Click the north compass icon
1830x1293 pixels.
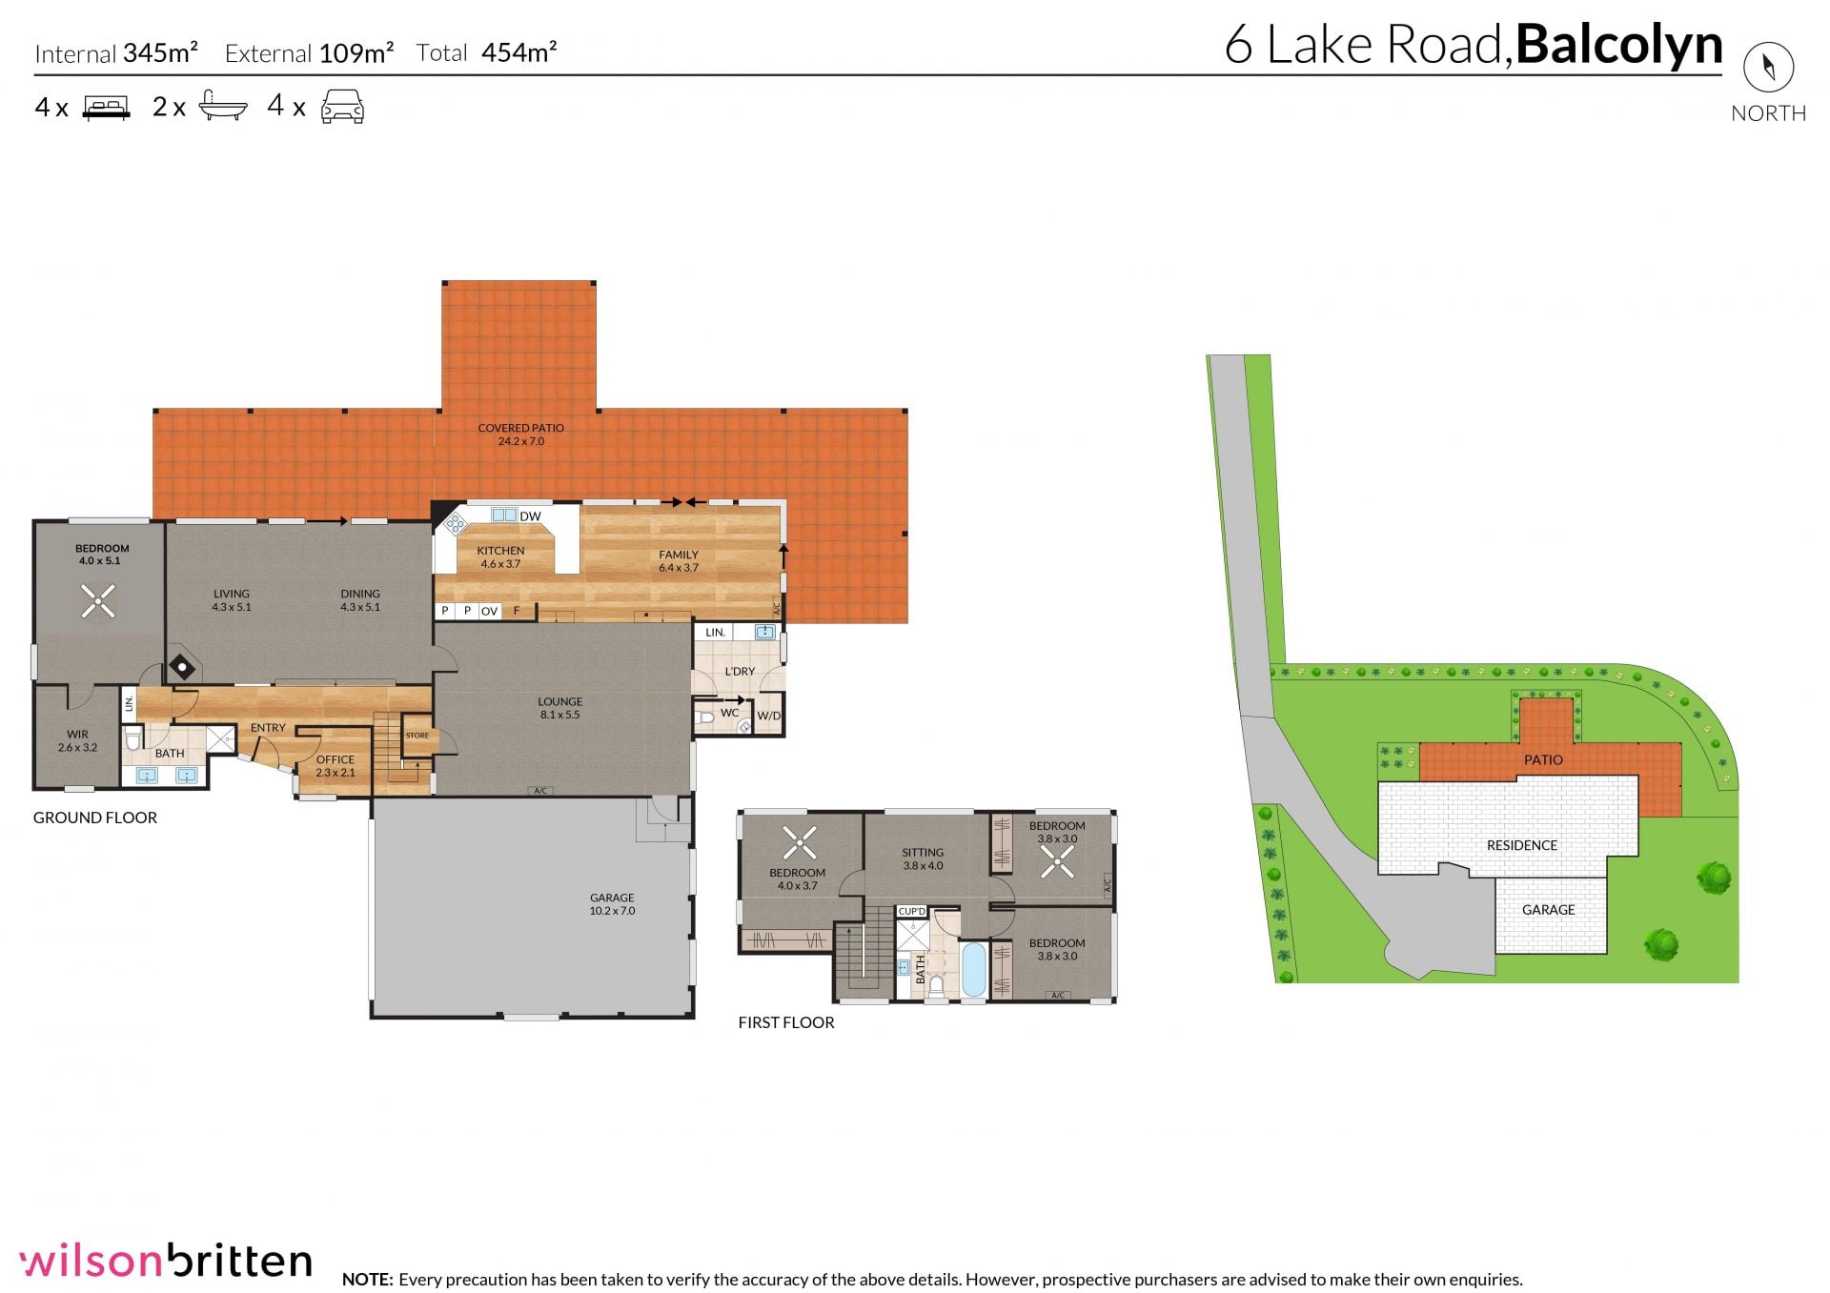1768,67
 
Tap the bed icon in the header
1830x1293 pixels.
106,107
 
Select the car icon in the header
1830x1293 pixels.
342,107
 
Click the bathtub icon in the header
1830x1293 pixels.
223,106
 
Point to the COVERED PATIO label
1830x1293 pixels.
521,429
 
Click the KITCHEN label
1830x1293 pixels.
500,551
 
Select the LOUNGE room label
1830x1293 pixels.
559,702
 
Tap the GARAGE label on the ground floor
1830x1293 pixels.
612,898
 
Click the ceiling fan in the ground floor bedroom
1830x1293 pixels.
97,600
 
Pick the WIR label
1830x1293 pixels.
77,735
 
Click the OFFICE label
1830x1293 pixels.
335,759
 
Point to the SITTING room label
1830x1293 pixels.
923,853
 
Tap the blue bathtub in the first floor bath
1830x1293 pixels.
973,969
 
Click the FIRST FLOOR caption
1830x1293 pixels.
786,1022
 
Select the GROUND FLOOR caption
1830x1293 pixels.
95,818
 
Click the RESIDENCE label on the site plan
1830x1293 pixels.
1522,845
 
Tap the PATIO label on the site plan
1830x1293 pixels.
1543,759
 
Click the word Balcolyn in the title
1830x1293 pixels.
1619,45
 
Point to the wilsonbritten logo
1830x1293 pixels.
166,1260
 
